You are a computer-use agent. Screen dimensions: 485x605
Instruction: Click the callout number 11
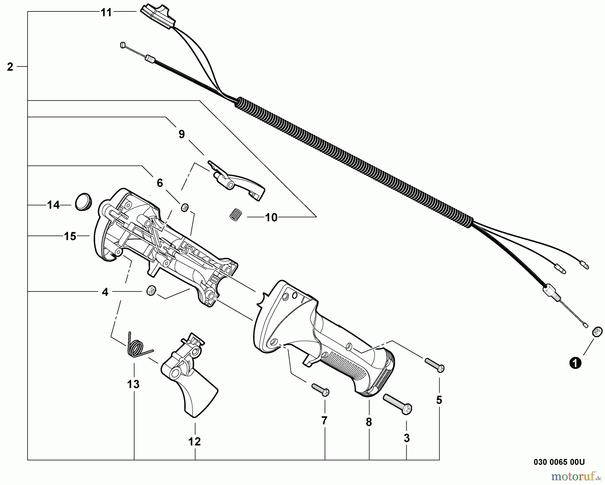pyautogui.click(x=106, y=13)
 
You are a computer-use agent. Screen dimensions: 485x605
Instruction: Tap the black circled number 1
pyautogui.click(x=575, y=363)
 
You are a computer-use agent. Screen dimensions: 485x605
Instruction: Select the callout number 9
pyautogui.click(x=182, y=134)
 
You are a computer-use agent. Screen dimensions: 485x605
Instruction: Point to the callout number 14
pyautogui.click(x=53, y=205)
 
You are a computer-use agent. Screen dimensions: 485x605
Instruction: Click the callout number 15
pyautogui.click(x=70, y=236)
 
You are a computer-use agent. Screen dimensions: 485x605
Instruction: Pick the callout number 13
pyautogui.click(x=133, y=384)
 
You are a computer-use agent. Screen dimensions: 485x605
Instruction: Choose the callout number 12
pyautogui.click(x=195, y=441)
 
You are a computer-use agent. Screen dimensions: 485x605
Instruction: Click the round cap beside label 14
pyautogui.click(x=83, y=202)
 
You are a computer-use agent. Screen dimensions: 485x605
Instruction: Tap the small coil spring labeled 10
pyautogui.click(x=236, y=214)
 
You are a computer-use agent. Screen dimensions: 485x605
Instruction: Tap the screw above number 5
pyautogui.click(x=435, y=365)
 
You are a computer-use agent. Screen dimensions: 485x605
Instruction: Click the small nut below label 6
pyautogui.click(x=185, y=208)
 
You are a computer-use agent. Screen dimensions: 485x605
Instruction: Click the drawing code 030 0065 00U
pyautogui.click(x=559, y=462)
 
